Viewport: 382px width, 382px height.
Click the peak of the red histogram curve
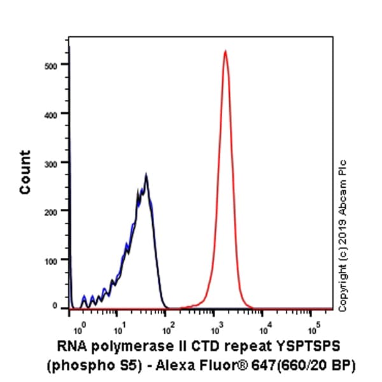coord(225,51)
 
